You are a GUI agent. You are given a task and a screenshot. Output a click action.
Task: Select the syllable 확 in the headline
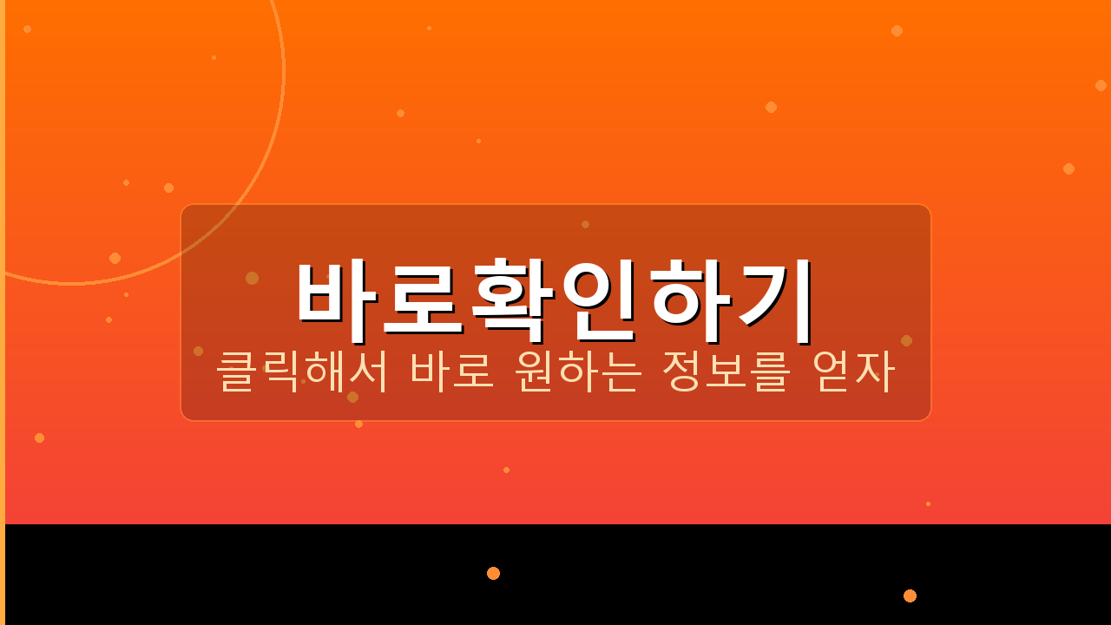513,297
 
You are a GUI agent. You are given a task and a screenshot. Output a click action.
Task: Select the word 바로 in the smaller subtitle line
452,372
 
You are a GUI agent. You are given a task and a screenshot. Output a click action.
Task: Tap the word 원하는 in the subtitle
578,372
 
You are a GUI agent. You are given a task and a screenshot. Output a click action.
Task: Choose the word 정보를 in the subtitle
726,372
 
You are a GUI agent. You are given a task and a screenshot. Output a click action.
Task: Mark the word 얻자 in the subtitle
852,372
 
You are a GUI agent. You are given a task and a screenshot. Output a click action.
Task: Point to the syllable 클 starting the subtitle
235,372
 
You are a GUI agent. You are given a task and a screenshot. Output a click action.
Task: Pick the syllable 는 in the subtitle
622,372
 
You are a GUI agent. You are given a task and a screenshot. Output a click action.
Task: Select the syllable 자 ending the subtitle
874,372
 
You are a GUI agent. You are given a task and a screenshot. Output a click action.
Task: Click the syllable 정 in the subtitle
681,372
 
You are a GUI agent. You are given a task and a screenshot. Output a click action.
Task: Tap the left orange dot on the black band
493,573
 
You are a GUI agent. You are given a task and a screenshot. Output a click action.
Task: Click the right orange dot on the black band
910,595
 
